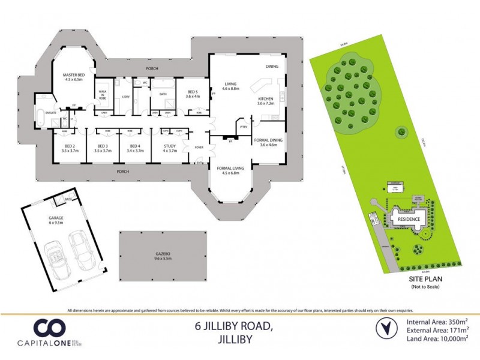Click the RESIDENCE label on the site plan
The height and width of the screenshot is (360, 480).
click(x=409, y=220)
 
